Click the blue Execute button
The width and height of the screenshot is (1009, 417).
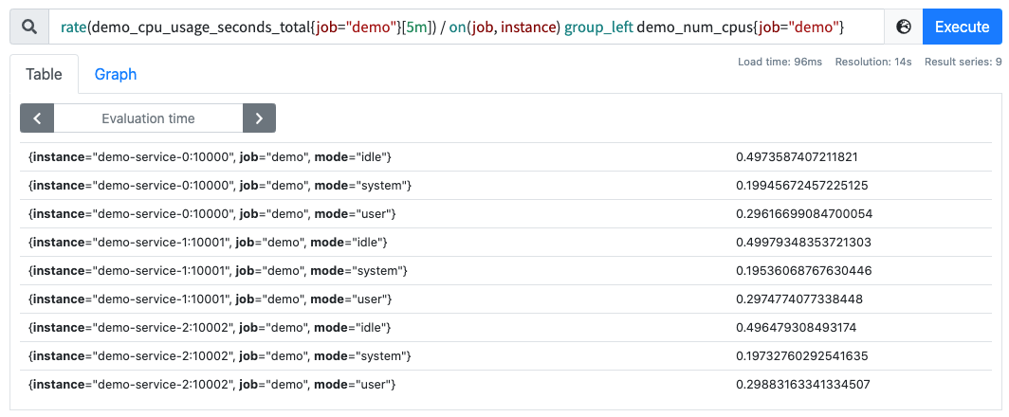coord(962,27)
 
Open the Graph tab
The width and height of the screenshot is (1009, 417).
coord(116,74)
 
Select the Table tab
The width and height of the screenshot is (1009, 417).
coord(44,74)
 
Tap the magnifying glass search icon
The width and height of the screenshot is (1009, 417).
coord(29,27)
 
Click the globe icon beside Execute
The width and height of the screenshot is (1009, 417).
coord(904,27)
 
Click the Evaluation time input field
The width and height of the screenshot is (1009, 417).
coord(148,118)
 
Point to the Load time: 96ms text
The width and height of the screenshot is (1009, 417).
coord(780,62)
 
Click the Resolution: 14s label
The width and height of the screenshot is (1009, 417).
coord(873,62)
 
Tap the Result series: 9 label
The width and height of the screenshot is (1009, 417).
coord(963,62)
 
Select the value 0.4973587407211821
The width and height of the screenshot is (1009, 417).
coord(797,157)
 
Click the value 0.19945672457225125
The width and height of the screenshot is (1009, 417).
coord(802,186)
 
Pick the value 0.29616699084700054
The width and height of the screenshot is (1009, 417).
coord(804,213)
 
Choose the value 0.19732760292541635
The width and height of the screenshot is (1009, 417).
coord(802,355)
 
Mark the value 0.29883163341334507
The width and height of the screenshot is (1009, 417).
coord(803,385)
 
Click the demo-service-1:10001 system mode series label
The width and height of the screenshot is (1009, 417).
coord(217,271)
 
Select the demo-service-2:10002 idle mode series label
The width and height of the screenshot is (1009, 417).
coord(210,328)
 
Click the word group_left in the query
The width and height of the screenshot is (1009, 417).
coord(597,27)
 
